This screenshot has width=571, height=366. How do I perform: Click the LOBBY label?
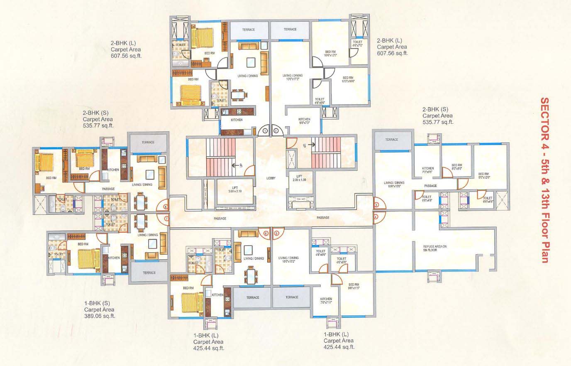point(271,178)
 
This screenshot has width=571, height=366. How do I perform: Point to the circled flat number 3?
point(376,205)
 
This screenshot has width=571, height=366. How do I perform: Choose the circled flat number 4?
point(376,216)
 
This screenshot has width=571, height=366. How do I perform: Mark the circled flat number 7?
point(166,218)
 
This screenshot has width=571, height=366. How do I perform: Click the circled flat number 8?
point(166,206)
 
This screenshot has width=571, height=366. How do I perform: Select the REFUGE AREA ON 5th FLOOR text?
point(435,248)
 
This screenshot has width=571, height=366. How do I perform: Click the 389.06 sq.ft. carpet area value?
point(100,316)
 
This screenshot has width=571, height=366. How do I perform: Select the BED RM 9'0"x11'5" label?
point(354,287)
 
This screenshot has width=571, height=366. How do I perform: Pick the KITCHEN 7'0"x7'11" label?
point(326,301)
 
